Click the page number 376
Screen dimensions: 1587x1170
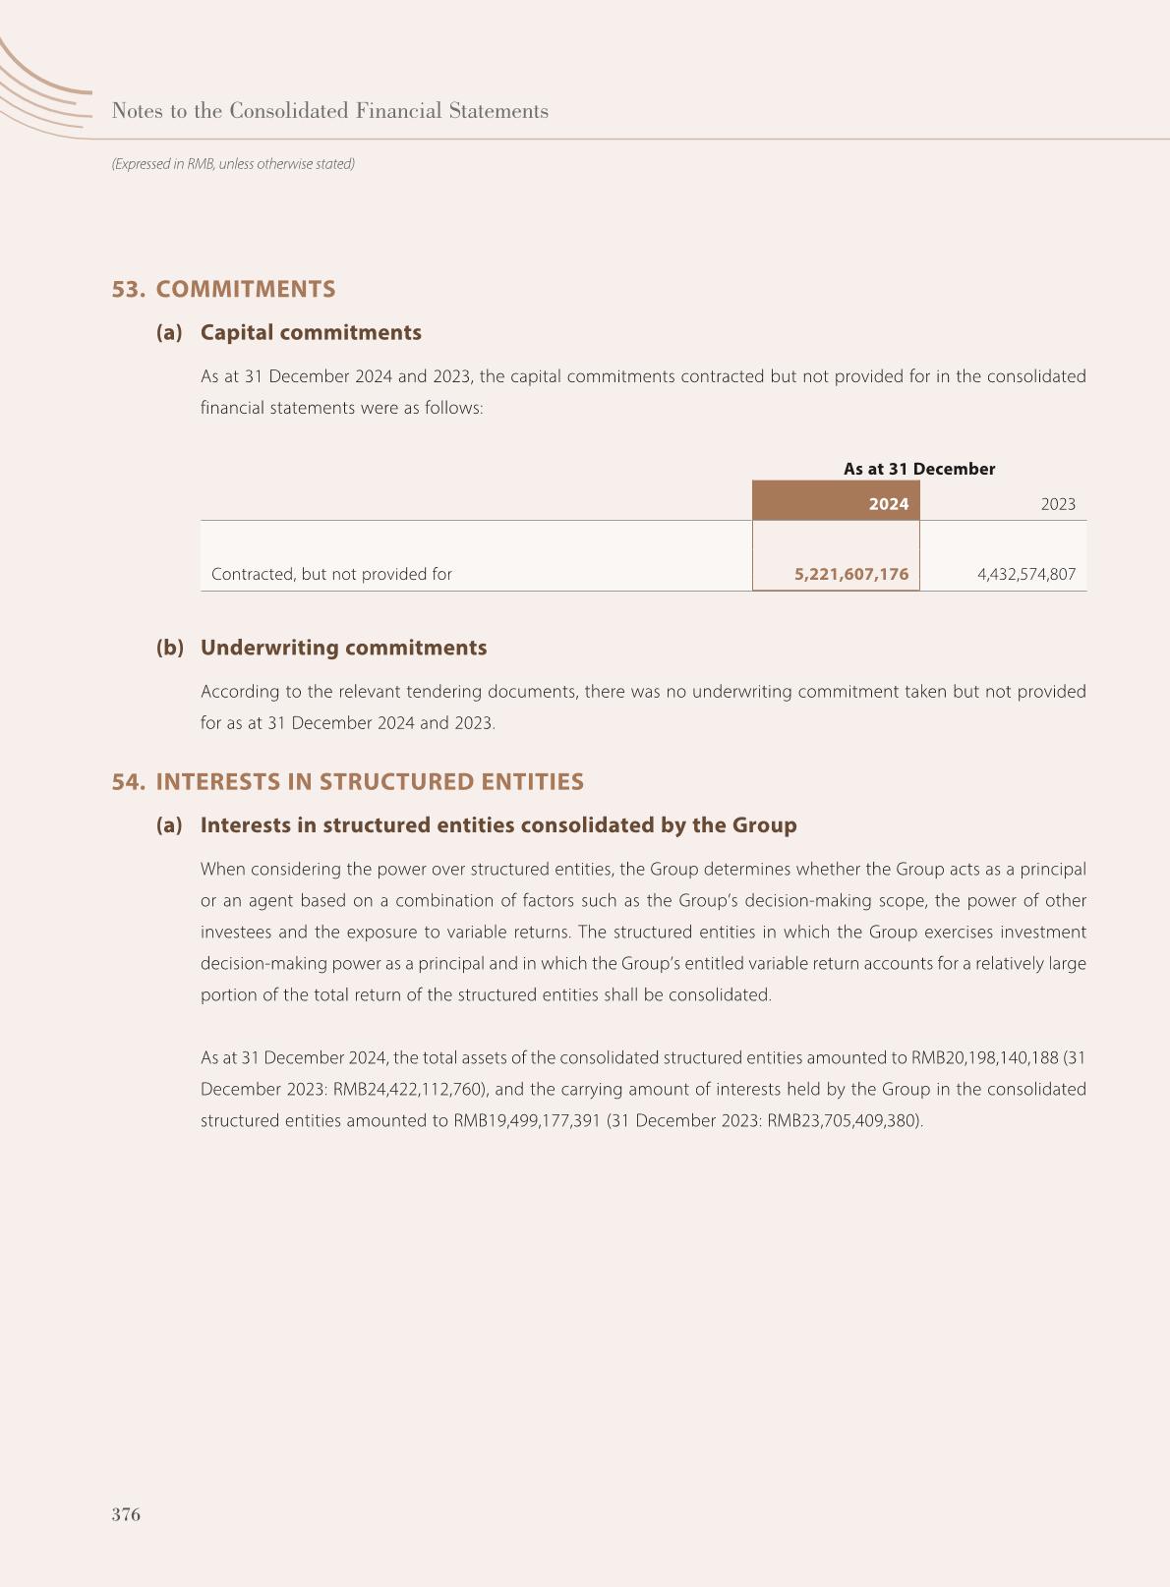coord(126,1514)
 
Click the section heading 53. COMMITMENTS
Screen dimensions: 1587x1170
coord(223,289)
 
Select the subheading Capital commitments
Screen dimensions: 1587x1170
coord(311,332)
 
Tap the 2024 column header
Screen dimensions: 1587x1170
coord(888,504)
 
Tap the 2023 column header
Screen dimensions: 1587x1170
coord(1058,504)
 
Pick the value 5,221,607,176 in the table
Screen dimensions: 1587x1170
coord(851,574)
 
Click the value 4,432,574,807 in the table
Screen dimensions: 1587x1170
coord(1026,574)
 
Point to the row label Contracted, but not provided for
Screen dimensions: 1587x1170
coord(331,574)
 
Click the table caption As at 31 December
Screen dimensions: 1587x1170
coord(919,469)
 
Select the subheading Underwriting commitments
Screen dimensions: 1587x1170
coord(343,648)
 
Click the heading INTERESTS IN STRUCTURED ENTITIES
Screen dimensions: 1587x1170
coord(370,781)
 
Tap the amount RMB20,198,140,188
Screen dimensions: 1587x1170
coord(984,1057)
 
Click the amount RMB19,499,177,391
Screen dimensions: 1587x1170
coord(526,1120)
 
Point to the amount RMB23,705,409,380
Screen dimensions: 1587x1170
coord(842,1120)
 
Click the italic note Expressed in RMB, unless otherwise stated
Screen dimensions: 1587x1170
coord(233,164)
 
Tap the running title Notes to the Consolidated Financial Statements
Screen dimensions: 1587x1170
coord(330,111)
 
